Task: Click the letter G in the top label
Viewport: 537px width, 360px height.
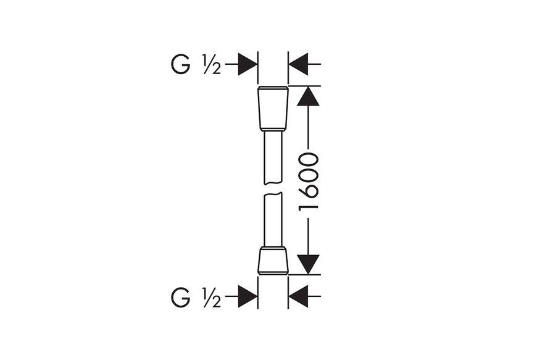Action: click(180, 64)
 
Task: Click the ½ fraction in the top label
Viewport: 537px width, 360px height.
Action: click(212, 64)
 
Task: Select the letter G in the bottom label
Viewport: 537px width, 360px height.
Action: click(180, 297)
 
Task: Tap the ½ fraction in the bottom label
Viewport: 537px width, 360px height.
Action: click(212, 297)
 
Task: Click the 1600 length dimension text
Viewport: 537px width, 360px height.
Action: click(308, 182)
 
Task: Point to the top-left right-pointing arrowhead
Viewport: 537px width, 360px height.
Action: click(248, 64)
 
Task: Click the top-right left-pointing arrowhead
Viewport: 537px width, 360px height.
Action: click(298, 64)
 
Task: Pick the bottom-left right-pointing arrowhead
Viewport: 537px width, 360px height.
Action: click(248, 296)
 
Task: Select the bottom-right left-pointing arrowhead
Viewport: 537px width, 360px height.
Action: click(298, 296)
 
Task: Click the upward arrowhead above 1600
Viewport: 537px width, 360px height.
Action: click(308, 96)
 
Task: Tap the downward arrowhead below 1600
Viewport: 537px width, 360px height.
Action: click(308, 264)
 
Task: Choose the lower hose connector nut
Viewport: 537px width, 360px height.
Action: click(273, 261)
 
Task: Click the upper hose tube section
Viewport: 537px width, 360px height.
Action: click(273, 158)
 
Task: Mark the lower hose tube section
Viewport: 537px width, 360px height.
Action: click(273, 219)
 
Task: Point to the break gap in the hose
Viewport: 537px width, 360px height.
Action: click(273, 189)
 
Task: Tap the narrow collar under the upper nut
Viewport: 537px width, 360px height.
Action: click(273, 130)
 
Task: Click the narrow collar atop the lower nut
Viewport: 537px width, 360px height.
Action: click(273, 248)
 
